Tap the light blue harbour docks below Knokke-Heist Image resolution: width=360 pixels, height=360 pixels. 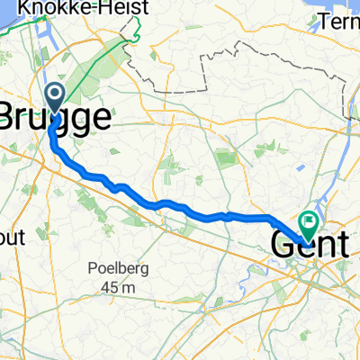(x=42, y=45)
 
